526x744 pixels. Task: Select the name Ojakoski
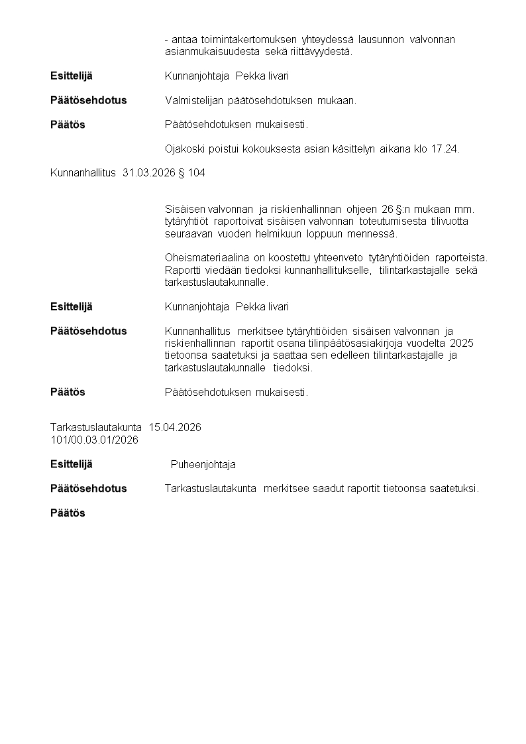[x=184, y=149]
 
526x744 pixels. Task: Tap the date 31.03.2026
[x=149, y=174]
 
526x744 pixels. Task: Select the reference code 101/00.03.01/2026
[x=94, y=440]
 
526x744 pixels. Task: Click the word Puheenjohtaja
[x=203, y=465]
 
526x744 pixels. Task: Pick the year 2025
[x=461, y=343]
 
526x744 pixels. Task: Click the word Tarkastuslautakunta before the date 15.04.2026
[x=96, y=428]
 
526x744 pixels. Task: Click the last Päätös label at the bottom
[x=68, y=513]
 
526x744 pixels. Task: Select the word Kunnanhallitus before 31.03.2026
[x=83, y=174]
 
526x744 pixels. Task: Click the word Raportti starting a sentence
[x=184, y=270]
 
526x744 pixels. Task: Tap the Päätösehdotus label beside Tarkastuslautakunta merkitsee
[x=88, y=489]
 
